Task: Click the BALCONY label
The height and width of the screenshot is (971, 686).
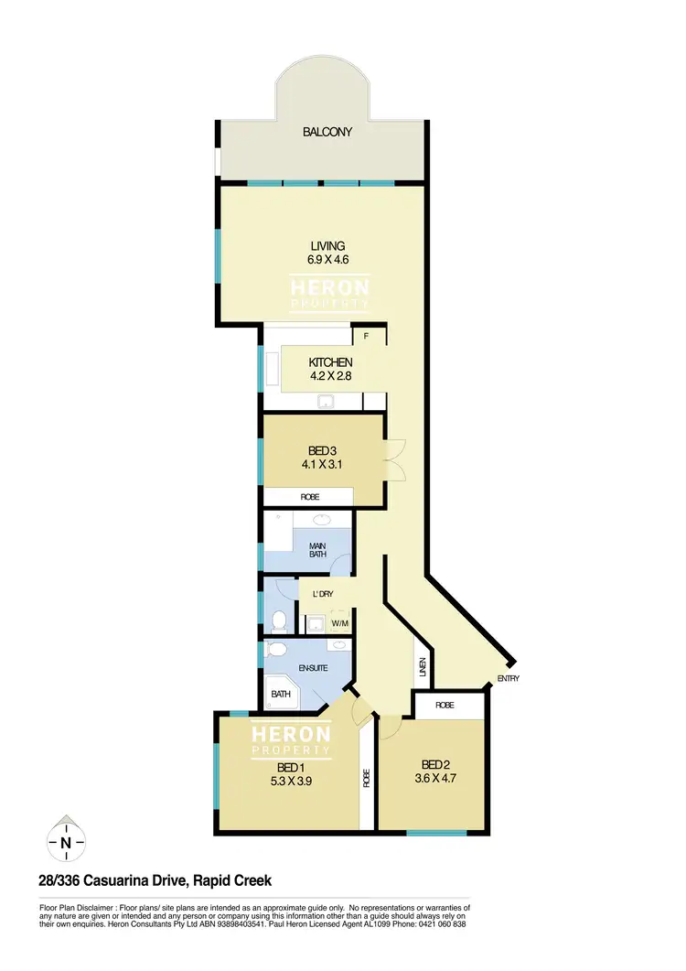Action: click(327, 133)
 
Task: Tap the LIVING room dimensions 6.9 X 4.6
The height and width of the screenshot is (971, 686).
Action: click(327, 260)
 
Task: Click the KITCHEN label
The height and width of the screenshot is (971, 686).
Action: click(330, 363)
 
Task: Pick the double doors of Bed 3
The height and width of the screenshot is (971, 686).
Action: click(395, 460)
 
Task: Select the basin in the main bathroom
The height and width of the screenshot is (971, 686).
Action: click(321, 520)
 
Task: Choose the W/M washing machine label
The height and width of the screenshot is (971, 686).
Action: click(340, 624)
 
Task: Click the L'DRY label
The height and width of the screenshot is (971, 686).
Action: click(321, 594)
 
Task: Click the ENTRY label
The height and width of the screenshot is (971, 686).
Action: click(509, 679)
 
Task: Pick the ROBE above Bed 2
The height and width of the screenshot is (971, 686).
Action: click(445, 706)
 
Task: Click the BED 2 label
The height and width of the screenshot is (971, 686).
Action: click(435, 765)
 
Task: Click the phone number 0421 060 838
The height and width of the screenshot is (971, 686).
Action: click(437, 924)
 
